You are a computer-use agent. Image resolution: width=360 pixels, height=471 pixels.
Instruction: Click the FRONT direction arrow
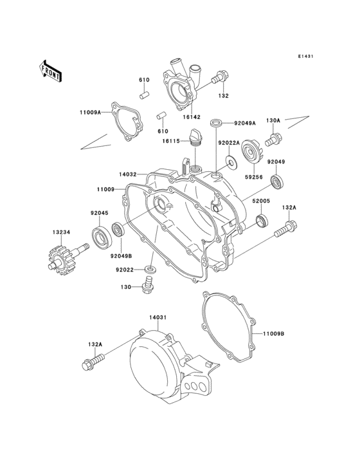pyautogui.click(x=51, y=70)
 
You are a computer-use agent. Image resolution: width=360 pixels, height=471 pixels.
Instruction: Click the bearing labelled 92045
pyautogui.click(x=102, y=237)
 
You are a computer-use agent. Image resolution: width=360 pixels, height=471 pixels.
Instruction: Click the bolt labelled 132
pyautogui.click(x=219, y=77)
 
